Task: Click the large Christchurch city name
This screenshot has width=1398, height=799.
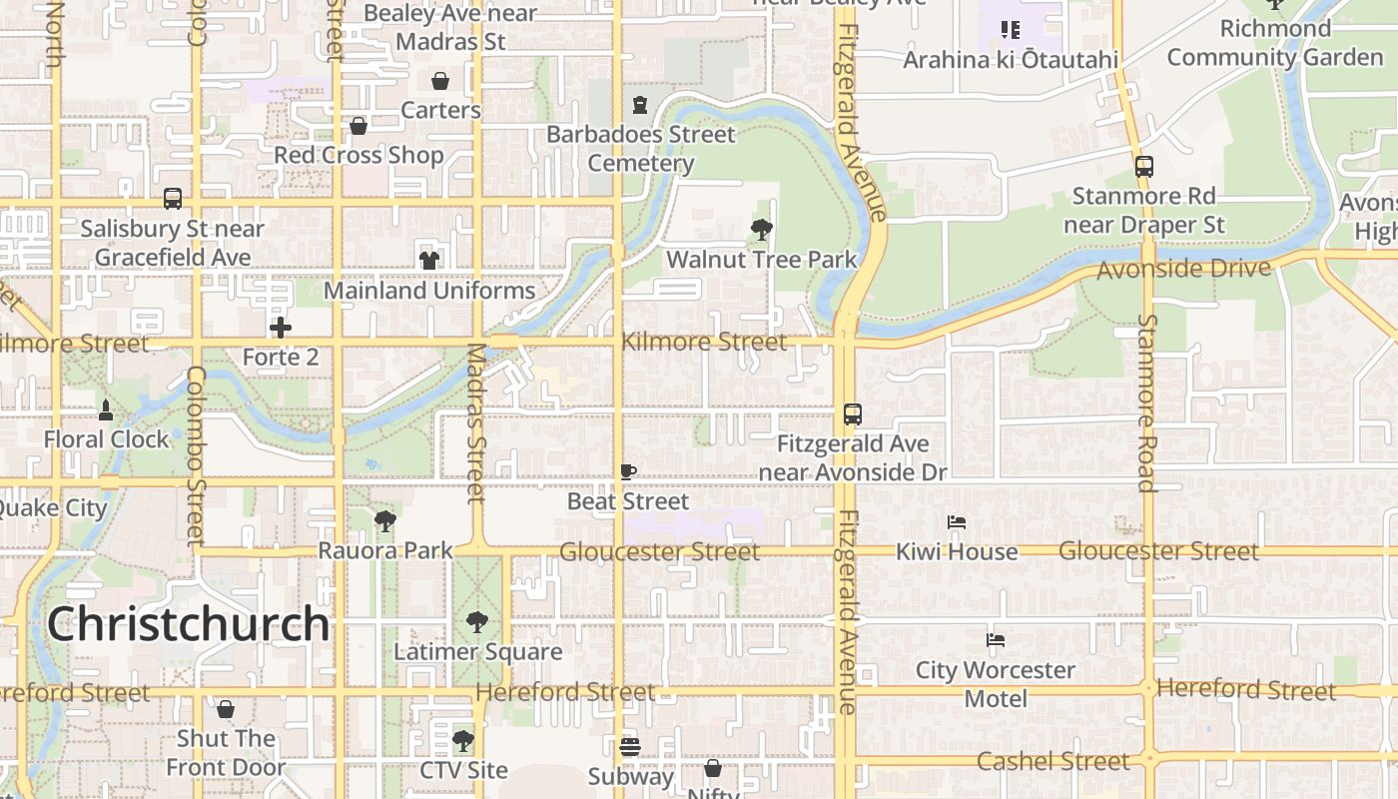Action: tap(188, 624)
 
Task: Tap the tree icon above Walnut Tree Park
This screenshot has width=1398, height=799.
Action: tap(761, 231)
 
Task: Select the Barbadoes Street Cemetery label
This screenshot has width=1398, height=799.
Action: tap(640, 149)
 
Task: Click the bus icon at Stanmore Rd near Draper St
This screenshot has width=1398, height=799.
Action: tap(1144, 167)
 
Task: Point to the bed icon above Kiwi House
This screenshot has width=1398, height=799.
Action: tap(956, 522)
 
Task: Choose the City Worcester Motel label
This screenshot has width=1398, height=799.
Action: tap(996, 684)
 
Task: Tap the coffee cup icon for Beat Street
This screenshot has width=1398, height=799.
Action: tap(627, 472)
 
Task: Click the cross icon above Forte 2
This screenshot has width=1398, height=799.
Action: tap(281, 328)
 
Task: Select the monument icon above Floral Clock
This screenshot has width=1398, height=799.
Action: tap(106, 409)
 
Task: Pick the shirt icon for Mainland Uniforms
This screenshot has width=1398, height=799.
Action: tap(429, 261)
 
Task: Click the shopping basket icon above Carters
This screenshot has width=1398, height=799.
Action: tap(440, 81)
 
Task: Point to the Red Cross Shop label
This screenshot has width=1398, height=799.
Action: tap(358, 156)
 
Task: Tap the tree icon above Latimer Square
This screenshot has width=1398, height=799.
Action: tap(477, 622)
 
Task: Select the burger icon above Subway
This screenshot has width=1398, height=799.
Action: tap(629, 746)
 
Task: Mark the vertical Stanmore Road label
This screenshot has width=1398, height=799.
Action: tap(1146, 403)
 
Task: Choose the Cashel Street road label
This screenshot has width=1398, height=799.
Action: tap(1052, 761)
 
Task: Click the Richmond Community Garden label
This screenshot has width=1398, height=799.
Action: tap(1274, 43)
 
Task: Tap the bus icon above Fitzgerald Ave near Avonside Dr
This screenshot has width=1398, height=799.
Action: tap(852, 414)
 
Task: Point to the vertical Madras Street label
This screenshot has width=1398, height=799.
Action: tap(476, 423)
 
